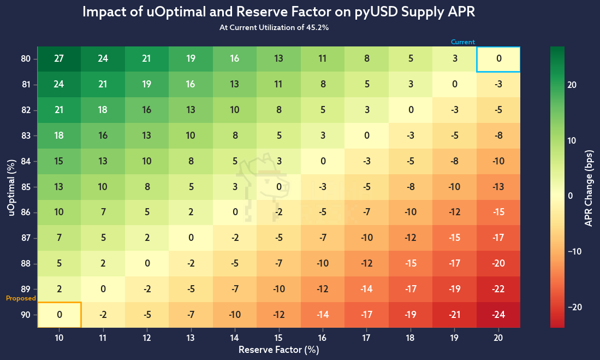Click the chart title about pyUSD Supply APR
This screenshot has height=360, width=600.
(x=279, y=13)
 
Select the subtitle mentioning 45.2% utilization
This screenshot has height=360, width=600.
(x=279, y=28)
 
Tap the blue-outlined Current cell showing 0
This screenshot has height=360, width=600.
(x=498, y=59)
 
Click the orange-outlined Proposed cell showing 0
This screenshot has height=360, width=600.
(x=59, y=315)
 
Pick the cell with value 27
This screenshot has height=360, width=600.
(x=59, y=59)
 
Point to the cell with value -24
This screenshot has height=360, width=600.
(x=498, y=315)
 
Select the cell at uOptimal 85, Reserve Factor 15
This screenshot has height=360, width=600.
(x=279, y=187)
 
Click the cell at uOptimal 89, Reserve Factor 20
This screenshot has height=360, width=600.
(x=498, y=289)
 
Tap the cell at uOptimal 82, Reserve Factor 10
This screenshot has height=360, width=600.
(x=59, y=110)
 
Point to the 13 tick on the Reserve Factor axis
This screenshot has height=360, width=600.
(x=191, y=339)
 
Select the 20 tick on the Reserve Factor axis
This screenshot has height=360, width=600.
(x=498, y=339)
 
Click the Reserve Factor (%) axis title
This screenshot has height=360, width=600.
(x=279, y=350)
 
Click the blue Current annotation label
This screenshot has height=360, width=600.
(x=462, y=42)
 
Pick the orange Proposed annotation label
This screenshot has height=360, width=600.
(x=21, y=298)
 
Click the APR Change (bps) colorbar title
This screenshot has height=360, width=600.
(x=589, y=187)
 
